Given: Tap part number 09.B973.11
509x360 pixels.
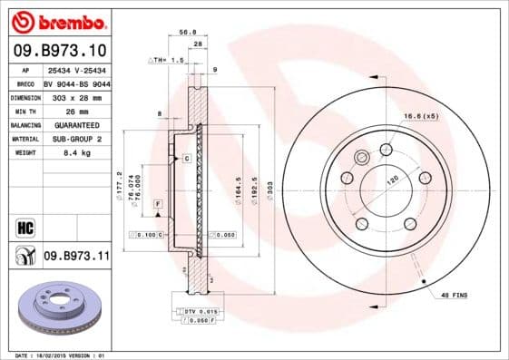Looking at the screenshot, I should pyautogui.click(x=76, y=257).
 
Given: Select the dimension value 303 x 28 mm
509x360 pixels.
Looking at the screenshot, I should pyautogui.click(x=75, y=96).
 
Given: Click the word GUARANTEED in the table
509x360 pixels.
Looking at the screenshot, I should pyautogui.click(x=75, y=124).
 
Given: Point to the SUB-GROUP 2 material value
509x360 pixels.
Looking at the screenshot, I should pyautogui.click(x=75, y=139).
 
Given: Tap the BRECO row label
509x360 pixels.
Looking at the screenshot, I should pyautogui.click(x=25, y=82).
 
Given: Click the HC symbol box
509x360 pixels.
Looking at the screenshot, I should pyautogui.click(x=25, y=226).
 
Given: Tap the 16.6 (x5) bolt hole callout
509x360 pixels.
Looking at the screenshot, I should pyautogui.click(x=445, y=116).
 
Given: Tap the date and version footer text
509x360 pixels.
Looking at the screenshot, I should pyautogui.click(x=56, y=355).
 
